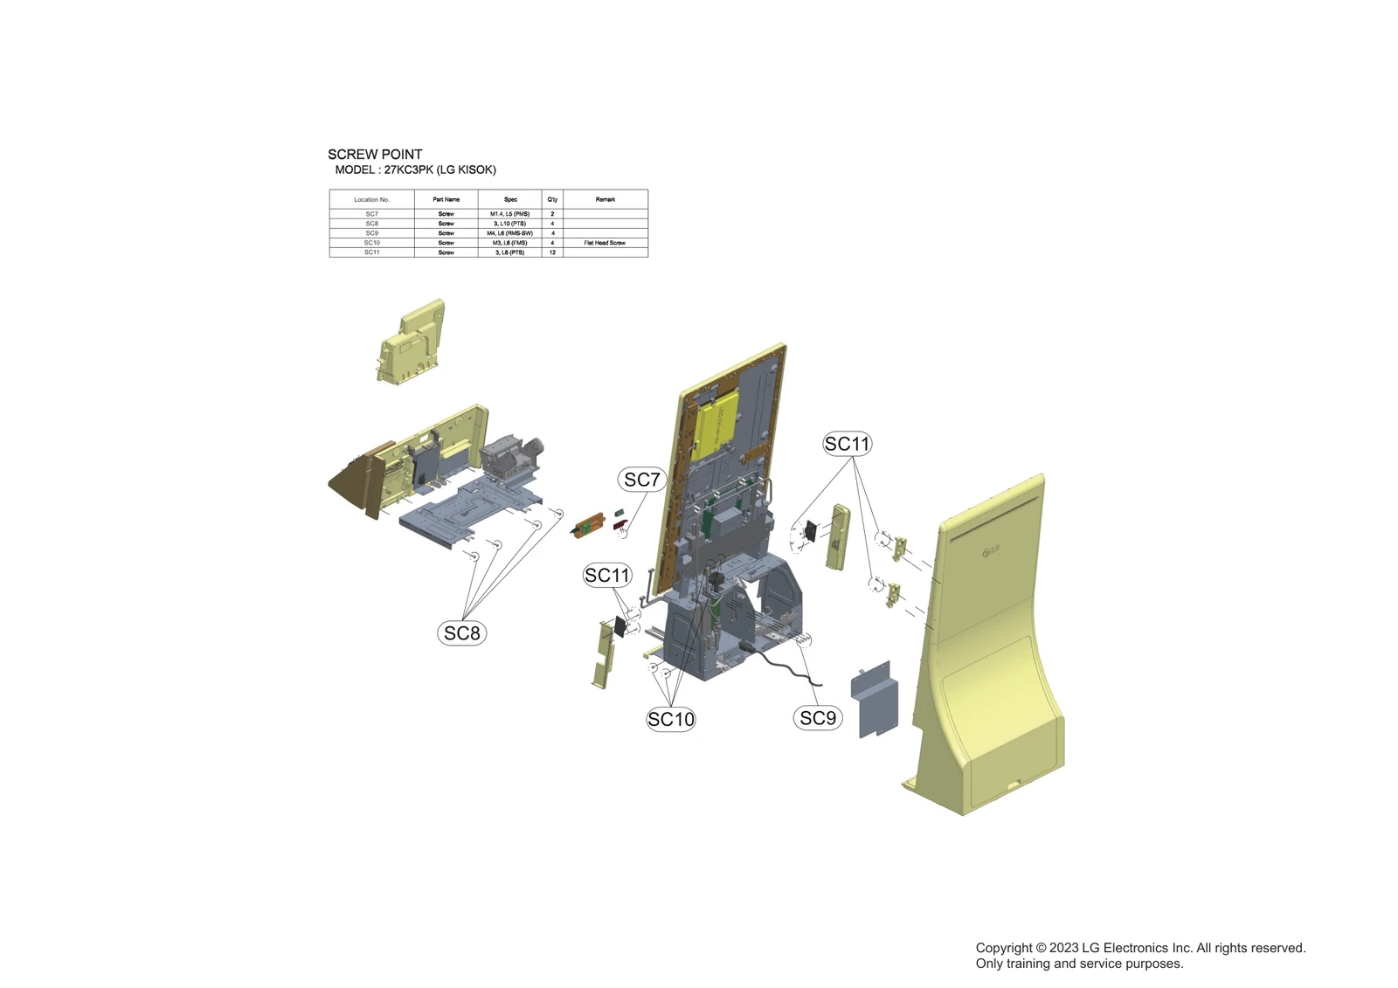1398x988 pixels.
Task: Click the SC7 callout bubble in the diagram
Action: click(x=642, y=480)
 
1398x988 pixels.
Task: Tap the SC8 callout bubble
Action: click(x=461, y=633)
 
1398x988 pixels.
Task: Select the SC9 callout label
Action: click(x=818, y=718)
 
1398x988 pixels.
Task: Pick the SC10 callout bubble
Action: click(x=671, y=719)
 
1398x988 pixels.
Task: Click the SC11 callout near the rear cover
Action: click(x=847, y=444)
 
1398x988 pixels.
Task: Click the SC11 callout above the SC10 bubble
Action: click(x=607, y=576)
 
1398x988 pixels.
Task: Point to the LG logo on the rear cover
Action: click(x=989, y=549)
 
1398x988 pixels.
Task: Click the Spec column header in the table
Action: click(x=510, y=199)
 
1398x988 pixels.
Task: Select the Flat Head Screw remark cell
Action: click(x=605, y=243)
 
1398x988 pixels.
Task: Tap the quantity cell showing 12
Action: click(x=552, y=252)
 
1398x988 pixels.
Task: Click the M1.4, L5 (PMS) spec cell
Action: click(x=509, y=214)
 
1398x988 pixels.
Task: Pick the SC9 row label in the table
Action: click(x=372, y=233)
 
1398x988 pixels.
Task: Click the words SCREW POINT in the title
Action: click(x=375, y=155)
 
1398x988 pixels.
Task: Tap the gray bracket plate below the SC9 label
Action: click(x=875, y=699)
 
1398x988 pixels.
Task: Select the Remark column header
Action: click(x=605, y=199)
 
